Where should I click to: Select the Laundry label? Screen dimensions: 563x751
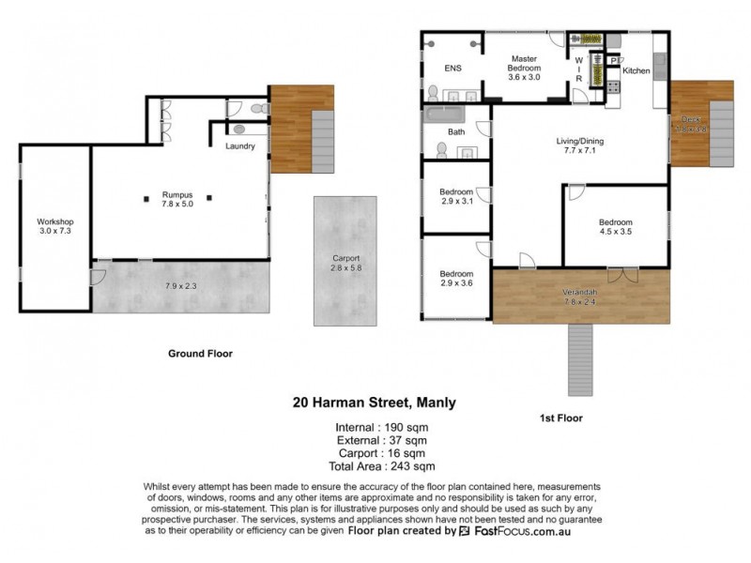pos(242,146)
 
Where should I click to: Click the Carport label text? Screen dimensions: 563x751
pos(345,261)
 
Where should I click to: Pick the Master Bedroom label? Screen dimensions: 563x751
pos(524,64)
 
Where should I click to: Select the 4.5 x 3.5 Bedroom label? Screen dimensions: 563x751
pos(617,226)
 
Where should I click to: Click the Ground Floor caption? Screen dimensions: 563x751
pos(200,354)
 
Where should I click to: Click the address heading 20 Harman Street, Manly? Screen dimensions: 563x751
pos(375,403)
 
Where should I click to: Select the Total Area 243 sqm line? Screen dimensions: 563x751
pos(374,465)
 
